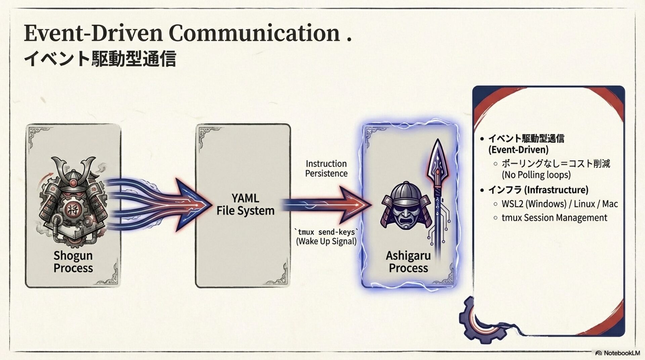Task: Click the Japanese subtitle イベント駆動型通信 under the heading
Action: tap(100, 58)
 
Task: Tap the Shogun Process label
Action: tap(73, 262)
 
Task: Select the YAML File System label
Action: tap(245, 204)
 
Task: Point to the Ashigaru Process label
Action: tap(408, 262)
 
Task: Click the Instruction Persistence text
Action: tap(326, 169)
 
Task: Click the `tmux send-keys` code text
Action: tap(326, 232)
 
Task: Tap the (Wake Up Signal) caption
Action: tap(326, 241)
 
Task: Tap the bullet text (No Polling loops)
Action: tap(536, 175)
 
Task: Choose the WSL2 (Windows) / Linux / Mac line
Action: tap(560, 204)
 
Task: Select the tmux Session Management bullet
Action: tap(554, 218)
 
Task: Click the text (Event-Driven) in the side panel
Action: tap(518, 149)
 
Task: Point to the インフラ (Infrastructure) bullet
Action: tap(538, 190)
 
